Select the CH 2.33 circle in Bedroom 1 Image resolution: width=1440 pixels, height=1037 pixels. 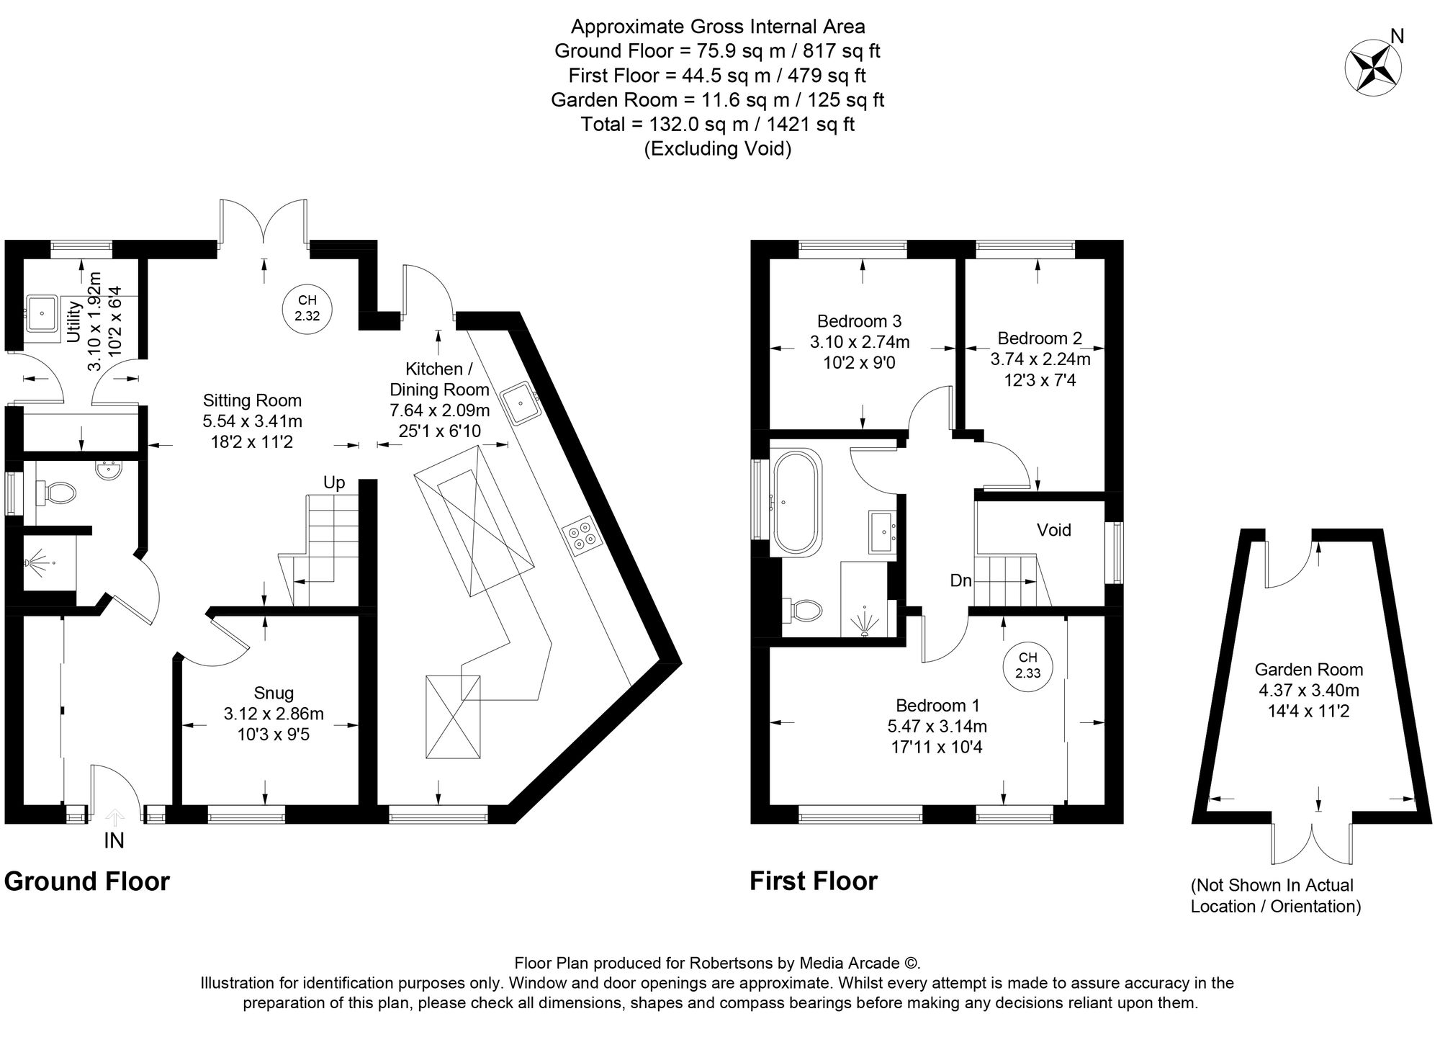point(1027,665)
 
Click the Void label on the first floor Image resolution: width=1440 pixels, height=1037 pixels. point(1053,530)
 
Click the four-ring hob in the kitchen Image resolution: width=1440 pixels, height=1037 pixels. point(580,535)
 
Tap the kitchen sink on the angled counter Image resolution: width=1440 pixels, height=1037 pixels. point(520,404)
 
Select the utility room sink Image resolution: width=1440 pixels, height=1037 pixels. point(42,313)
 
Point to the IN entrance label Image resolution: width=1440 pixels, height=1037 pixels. point(114,840)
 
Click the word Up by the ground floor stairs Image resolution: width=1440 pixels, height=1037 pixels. point(333,482)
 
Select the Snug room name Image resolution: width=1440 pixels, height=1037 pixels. point(274,693)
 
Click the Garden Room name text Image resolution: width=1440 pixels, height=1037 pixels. point(1308,670)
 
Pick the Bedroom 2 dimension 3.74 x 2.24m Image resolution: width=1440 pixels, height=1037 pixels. point(1040,359)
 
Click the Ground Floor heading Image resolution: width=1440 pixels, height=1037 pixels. point(86,881)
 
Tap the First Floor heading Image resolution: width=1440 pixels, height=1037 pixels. point(814,881)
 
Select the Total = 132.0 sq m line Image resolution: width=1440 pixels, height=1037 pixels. point(717,125)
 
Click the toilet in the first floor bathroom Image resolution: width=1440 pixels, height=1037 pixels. point(804,611)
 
